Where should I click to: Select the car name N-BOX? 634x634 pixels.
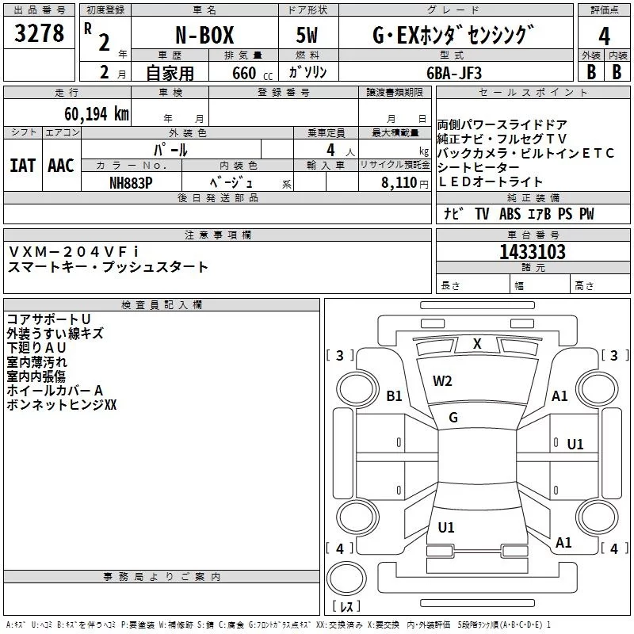[204, 36]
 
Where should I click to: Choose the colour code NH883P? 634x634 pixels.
[131, 182]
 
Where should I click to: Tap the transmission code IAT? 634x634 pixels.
[23, 165]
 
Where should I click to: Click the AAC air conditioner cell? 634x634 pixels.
[61, 165]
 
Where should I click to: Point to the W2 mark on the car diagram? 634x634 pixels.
[442, 381]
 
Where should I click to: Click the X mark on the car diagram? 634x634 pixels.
[477, 344]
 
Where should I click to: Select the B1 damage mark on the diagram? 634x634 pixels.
[394, 396]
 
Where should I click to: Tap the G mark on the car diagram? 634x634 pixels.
[453, 417]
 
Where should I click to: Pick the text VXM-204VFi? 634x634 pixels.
[73, 251]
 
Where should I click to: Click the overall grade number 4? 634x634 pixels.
[604, 36]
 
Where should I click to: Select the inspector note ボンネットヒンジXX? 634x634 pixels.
[61, 404]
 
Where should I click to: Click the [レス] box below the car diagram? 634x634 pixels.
[346, 607]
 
